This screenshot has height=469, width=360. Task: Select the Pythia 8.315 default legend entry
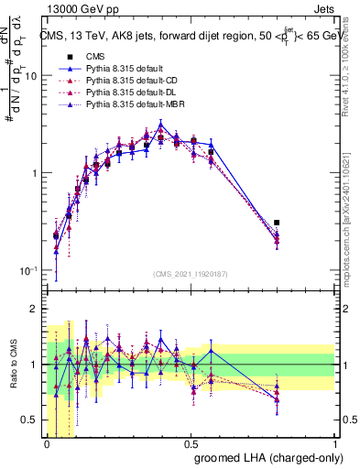click(127, 68)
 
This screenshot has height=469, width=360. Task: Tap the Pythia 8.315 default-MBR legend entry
click(136, 106)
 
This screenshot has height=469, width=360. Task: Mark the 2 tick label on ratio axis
click(35, 309)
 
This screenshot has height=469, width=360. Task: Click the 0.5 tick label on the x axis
click(191, 442)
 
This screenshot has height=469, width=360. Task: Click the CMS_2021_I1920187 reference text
click(191, 274)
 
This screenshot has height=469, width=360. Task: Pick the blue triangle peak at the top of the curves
click(160, 125)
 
